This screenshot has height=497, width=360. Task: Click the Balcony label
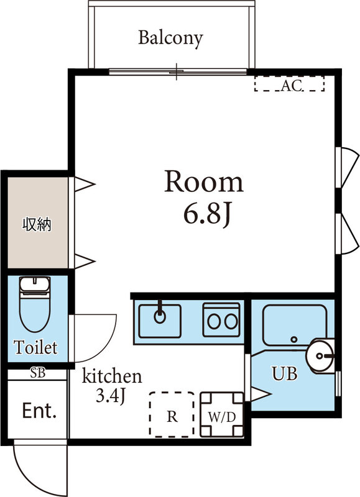tap(170, 39)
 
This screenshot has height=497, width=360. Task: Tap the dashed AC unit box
tap(289, 84)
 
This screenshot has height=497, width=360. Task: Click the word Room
tap(204, 181)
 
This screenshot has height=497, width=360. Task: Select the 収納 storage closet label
tap(37, 224)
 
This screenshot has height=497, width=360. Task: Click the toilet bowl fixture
tap(35, 304)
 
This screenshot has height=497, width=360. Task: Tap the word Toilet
tap(35, 347)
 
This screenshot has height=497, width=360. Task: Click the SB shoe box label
tap(38, 373)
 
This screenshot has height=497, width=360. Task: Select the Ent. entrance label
tap(39, 411)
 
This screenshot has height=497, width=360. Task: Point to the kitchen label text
tap(112, 376)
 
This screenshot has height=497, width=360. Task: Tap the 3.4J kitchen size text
tap(111, 396)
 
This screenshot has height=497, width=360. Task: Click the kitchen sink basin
tap(160, 321)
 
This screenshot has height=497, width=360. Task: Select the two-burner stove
tap(221, 320)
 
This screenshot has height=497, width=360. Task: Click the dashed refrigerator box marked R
tap(172, 414)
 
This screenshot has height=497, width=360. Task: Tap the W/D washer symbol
tap(222, 414)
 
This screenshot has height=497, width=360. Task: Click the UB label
tap(285, 374)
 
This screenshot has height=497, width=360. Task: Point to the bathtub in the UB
tap(295, 325)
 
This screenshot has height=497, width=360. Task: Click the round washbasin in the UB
tap(320, 355)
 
